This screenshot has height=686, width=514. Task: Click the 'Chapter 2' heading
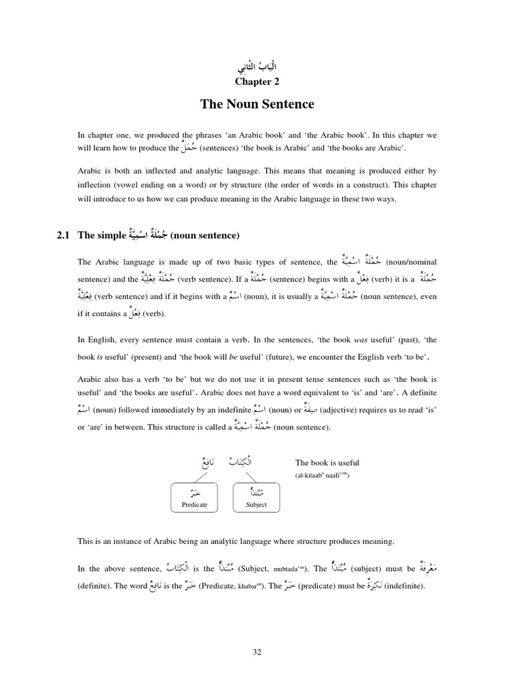coord(257,82)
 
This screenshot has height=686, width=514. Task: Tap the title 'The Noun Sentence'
coord(257,105)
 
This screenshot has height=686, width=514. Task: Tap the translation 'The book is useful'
coord(327,462)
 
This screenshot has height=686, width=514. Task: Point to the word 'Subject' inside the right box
coord(256,504)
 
